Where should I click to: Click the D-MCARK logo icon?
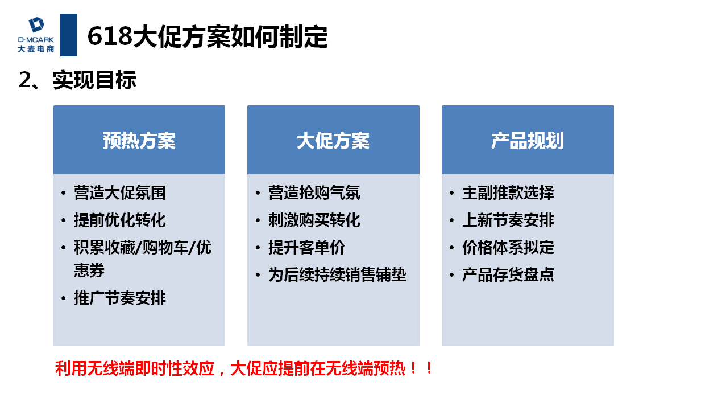click(x=36, y=24)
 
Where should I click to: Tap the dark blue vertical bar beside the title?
click(x=69, y=35)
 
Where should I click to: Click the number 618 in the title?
click(x=110, y=36)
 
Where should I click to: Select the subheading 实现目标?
click(x=94, y=80)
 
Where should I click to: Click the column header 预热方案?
click(x=139, y=141)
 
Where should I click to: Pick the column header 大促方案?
click(x=333, y=141)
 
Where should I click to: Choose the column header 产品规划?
click(x=528, y=141)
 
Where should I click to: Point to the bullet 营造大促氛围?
click(x=120, y=193)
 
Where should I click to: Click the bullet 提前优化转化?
click(x=120, y=220)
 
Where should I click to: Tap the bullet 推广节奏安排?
click(x=120, y=298)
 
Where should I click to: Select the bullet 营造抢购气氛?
click(x=314, y=193)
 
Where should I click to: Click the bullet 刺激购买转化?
click(x=314, y=220)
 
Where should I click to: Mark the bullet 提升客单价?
click(x=306, y=248)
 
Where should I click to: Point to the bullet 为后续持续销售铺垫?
click(x=337, y=275)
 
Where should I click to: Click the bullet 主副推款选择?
click(x=508, y=193)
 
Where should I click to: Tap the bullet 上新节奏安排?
click(x=508, y=220)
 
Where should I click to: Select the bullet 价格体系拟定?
click(x=508, y=248)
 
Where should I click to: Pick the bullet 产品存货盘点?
click(x=508, y=275)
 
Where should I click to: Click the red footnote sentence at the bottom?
click(x=244, y=369)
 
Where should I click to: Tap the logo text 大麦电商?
click(x=36, y=49)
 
